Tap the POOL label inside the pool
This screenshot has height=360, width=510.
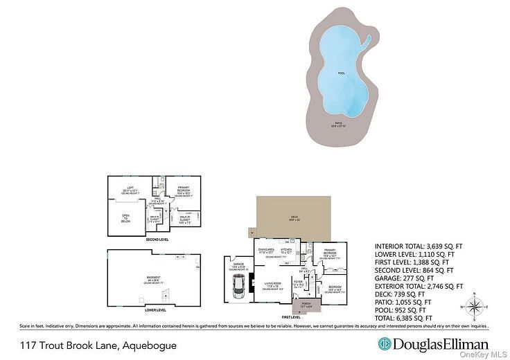tap(341, 73)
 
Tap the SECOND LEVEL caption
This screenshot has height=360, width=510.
tap(157, 240)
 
